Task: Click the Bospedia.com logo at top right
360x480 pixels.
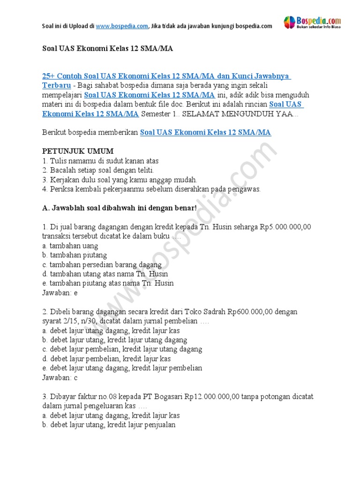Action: pos(312,22)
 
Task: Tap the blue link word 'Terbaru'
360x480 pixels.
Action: pos(57,85)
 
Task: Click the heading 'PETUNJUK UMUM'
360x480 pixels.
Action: pos(78,151)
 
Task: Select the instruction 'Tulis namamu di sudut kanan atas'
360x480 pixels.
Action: pos(100,161)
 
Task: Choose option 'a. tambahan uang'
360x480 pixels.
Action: pos(70,246)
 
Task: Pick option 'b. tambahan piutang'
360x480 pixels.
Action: pos(75,255)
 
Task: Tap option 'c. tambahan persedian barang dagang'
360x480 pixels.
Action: pos(102,264)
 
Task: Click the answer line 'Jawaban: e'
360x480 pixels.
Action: pos(60,292)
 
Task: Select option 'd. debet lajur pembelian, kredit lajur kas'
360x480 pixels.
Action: pos(106,359)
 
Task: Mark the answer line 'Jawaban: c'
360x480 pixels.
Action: pos(60,377)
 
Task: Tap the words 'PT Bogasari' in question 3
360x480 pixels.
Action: pos(167,397)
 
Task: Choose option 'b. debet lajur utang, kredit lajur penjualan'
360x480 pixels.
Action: pos(109,425)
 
